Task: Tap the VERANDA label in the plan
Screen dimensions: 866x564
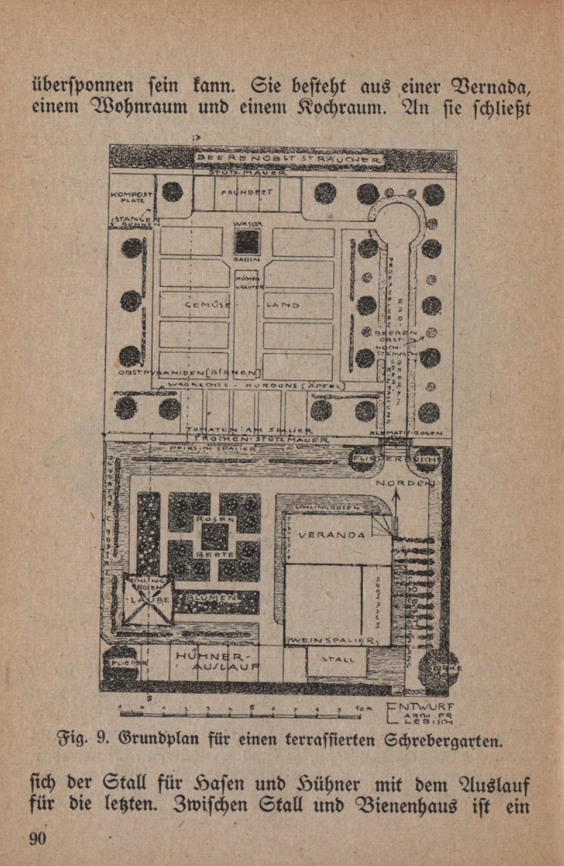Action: click(331, 535)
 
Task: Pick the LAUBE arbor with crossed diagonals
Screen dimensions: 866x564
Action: click(148, 598)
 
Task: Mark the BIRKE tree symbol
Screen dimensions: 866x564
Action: click(439, 668)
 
